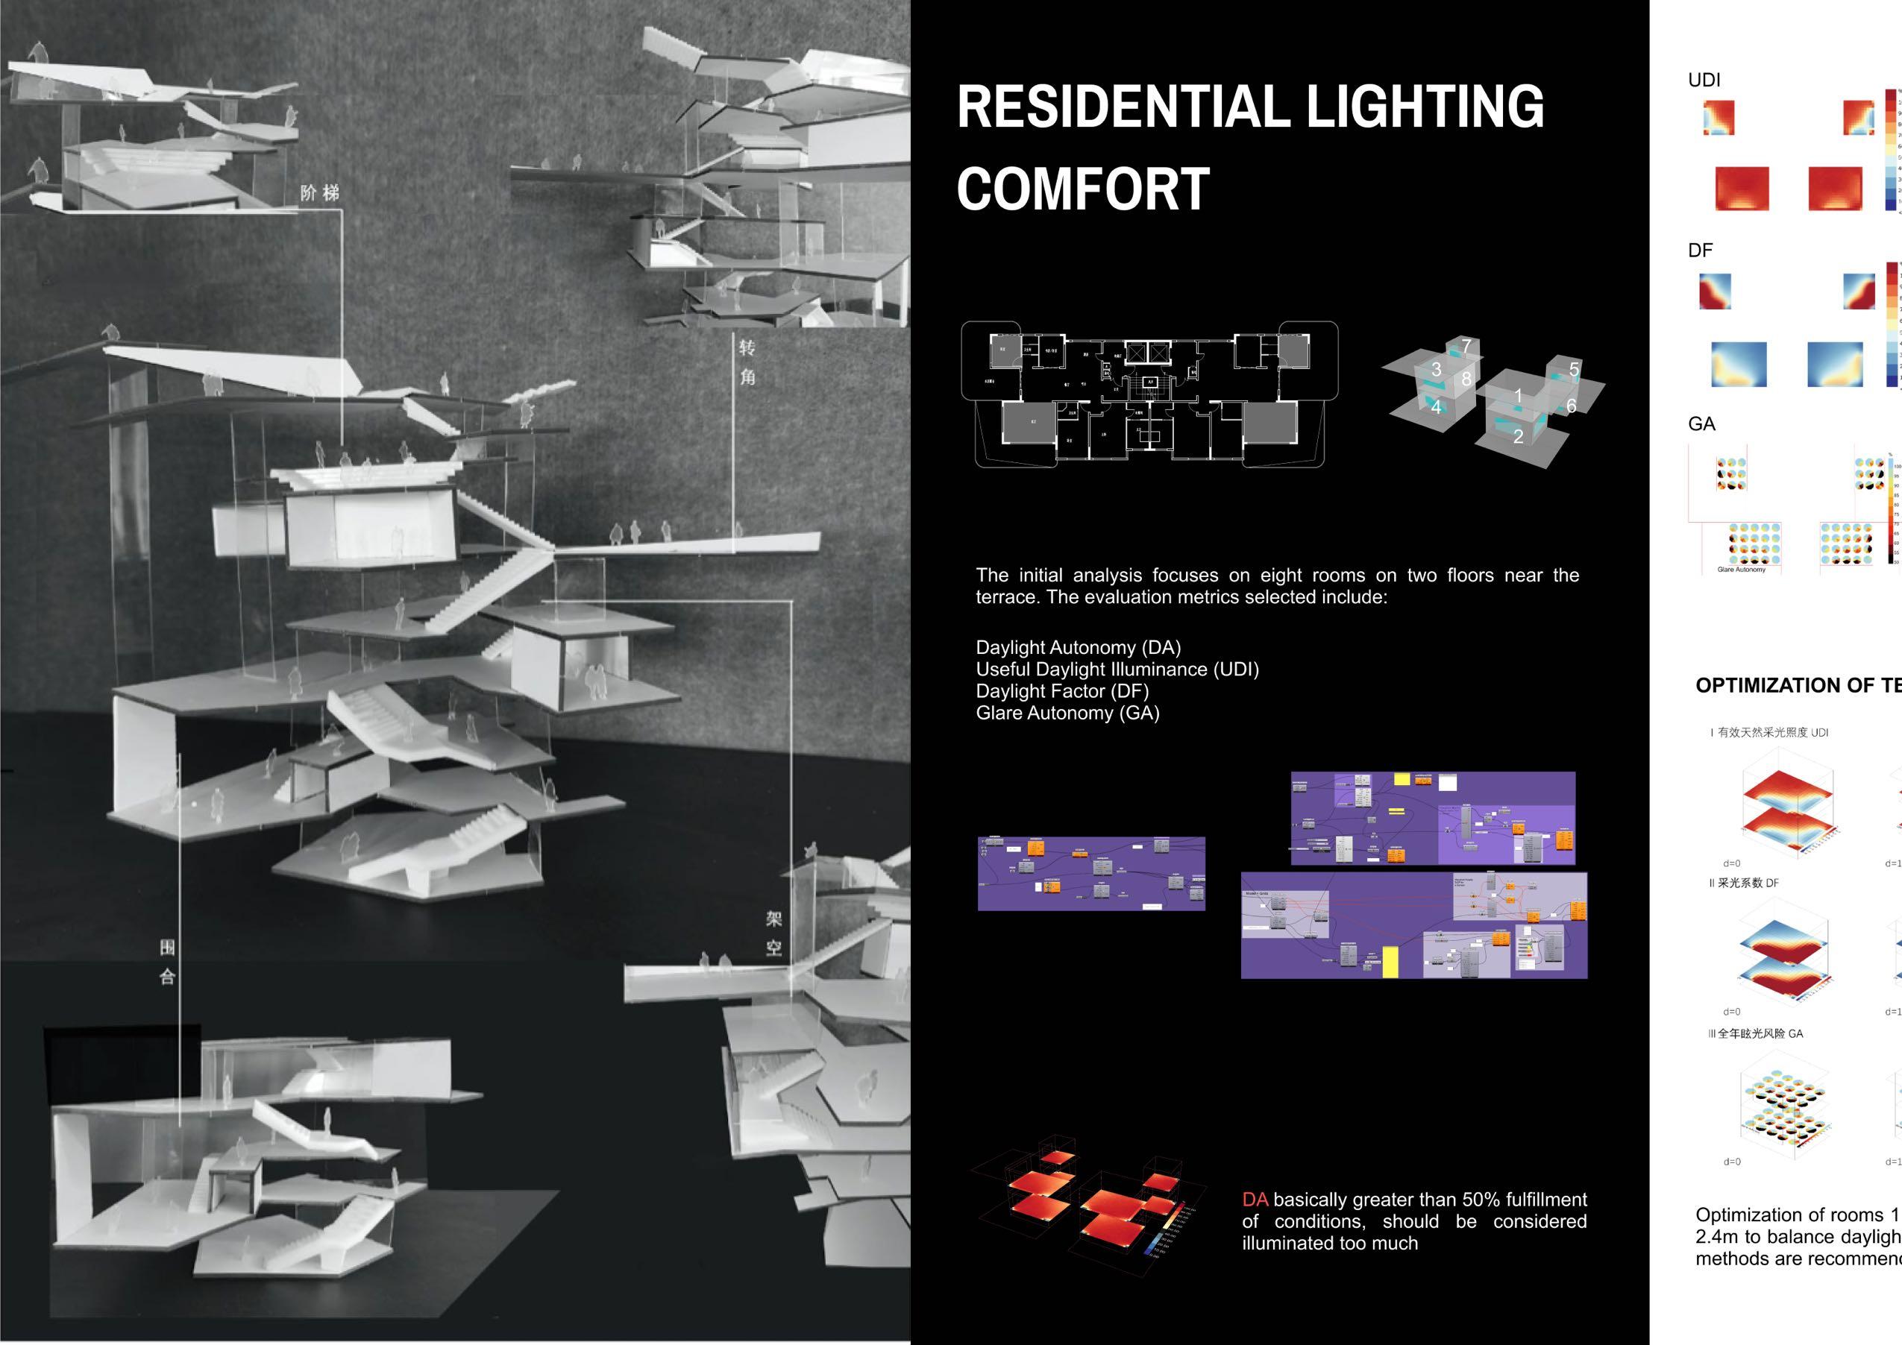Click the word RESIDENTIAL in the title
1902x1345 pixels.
1122,107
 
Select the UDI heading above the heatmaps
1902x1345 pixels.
1704,81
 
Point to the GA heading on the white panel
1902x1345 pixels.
1701,424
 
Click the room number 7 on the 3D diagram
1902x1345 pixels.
1466,346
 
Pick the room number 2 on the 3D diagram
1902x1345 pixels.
1518,436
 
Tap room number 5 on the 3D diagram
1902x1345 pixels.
1574,369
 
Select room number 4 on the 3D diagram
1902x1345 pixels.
1436,406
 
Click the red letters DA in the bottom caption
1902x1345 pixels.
1255,1199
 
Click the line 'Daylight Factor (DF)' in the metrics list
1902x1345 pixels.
1062,690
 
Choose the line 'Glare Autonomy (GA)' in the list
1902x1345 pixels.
1067,713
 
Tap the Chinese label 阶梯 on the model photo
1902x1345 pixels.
320,193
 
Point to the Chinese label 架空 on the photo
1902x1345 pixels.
773,933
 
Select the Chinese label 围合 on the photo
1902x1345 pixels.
167,963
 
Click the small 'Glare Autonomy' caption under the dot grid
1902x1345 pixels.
1742,570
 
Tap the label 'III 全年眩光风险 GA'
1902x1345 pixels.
1755,1033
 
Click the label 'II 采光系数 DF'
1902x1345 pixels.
1744,883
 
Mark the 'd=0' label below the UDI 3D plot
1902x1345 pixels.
1731,863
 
